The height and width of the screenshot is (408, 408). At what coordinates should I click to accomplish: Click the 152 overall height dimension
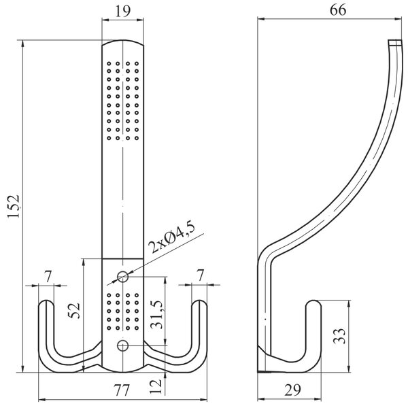tap(14, 206)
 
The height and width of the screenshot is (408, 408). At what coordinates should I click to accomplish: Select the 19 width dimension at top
tap(122, 11)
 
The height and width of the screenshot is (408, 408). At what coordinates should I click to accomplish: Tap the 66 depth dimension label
tap(338, 11)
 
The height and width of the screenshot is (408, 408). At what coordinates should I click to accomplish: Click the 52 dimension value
tap(74, 310)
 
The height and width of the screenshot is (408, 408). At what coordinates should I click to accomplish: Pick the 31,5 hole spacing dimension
tap(157, 314)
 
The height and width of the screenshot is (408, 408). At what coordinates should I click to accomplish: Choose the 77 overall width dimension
tap(122, 390)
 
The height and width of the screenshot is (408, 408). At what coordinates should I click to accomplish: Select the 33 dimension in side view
tap(339, 336)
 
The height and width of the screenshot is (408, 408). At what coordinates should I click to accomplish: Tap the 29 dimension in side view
tap(292, 390)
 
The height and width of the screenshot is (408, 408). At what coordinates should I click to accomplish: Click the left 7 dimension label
tap(48, 276)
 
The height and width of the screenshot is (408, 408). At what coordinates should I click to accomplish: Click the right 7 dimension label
tap(200, 276)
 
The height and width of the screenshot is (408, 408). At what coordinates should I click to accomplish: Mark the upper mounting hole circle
tap(123, 277)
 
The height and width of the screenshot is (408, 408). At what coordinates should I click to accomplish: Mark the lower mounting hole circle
tap(123, 345)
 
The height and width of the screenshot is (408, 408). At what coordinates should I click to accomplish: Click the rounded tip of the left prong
tap(46, 303)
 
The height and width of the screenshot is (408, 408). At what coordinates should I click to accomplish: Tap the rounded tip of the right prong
tap(199, 303)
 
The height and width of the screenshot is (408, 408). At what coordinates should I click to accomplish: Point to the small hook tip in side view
tap(313, 303)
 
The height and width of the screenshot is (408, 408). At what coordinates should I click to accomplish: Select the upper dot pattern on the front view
tap(122, 101)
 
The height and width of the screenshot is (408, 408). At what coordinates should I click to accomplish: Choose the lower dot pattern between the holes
tap(122, 311)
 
